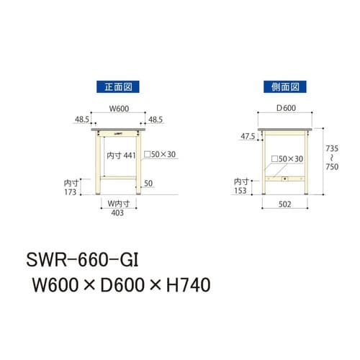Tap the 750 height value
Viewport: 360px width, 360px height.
[332, 167]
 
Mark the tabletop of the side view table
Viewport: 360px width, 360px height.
[284, 131]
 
